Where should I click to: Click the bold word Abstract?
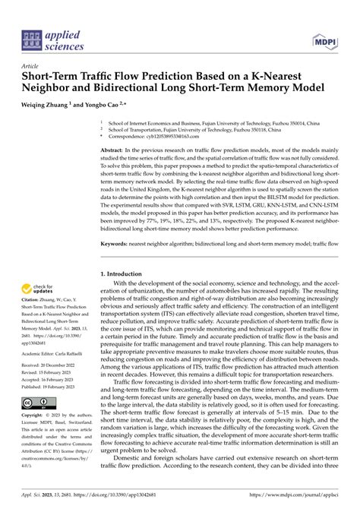click(x=114, y=152)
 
